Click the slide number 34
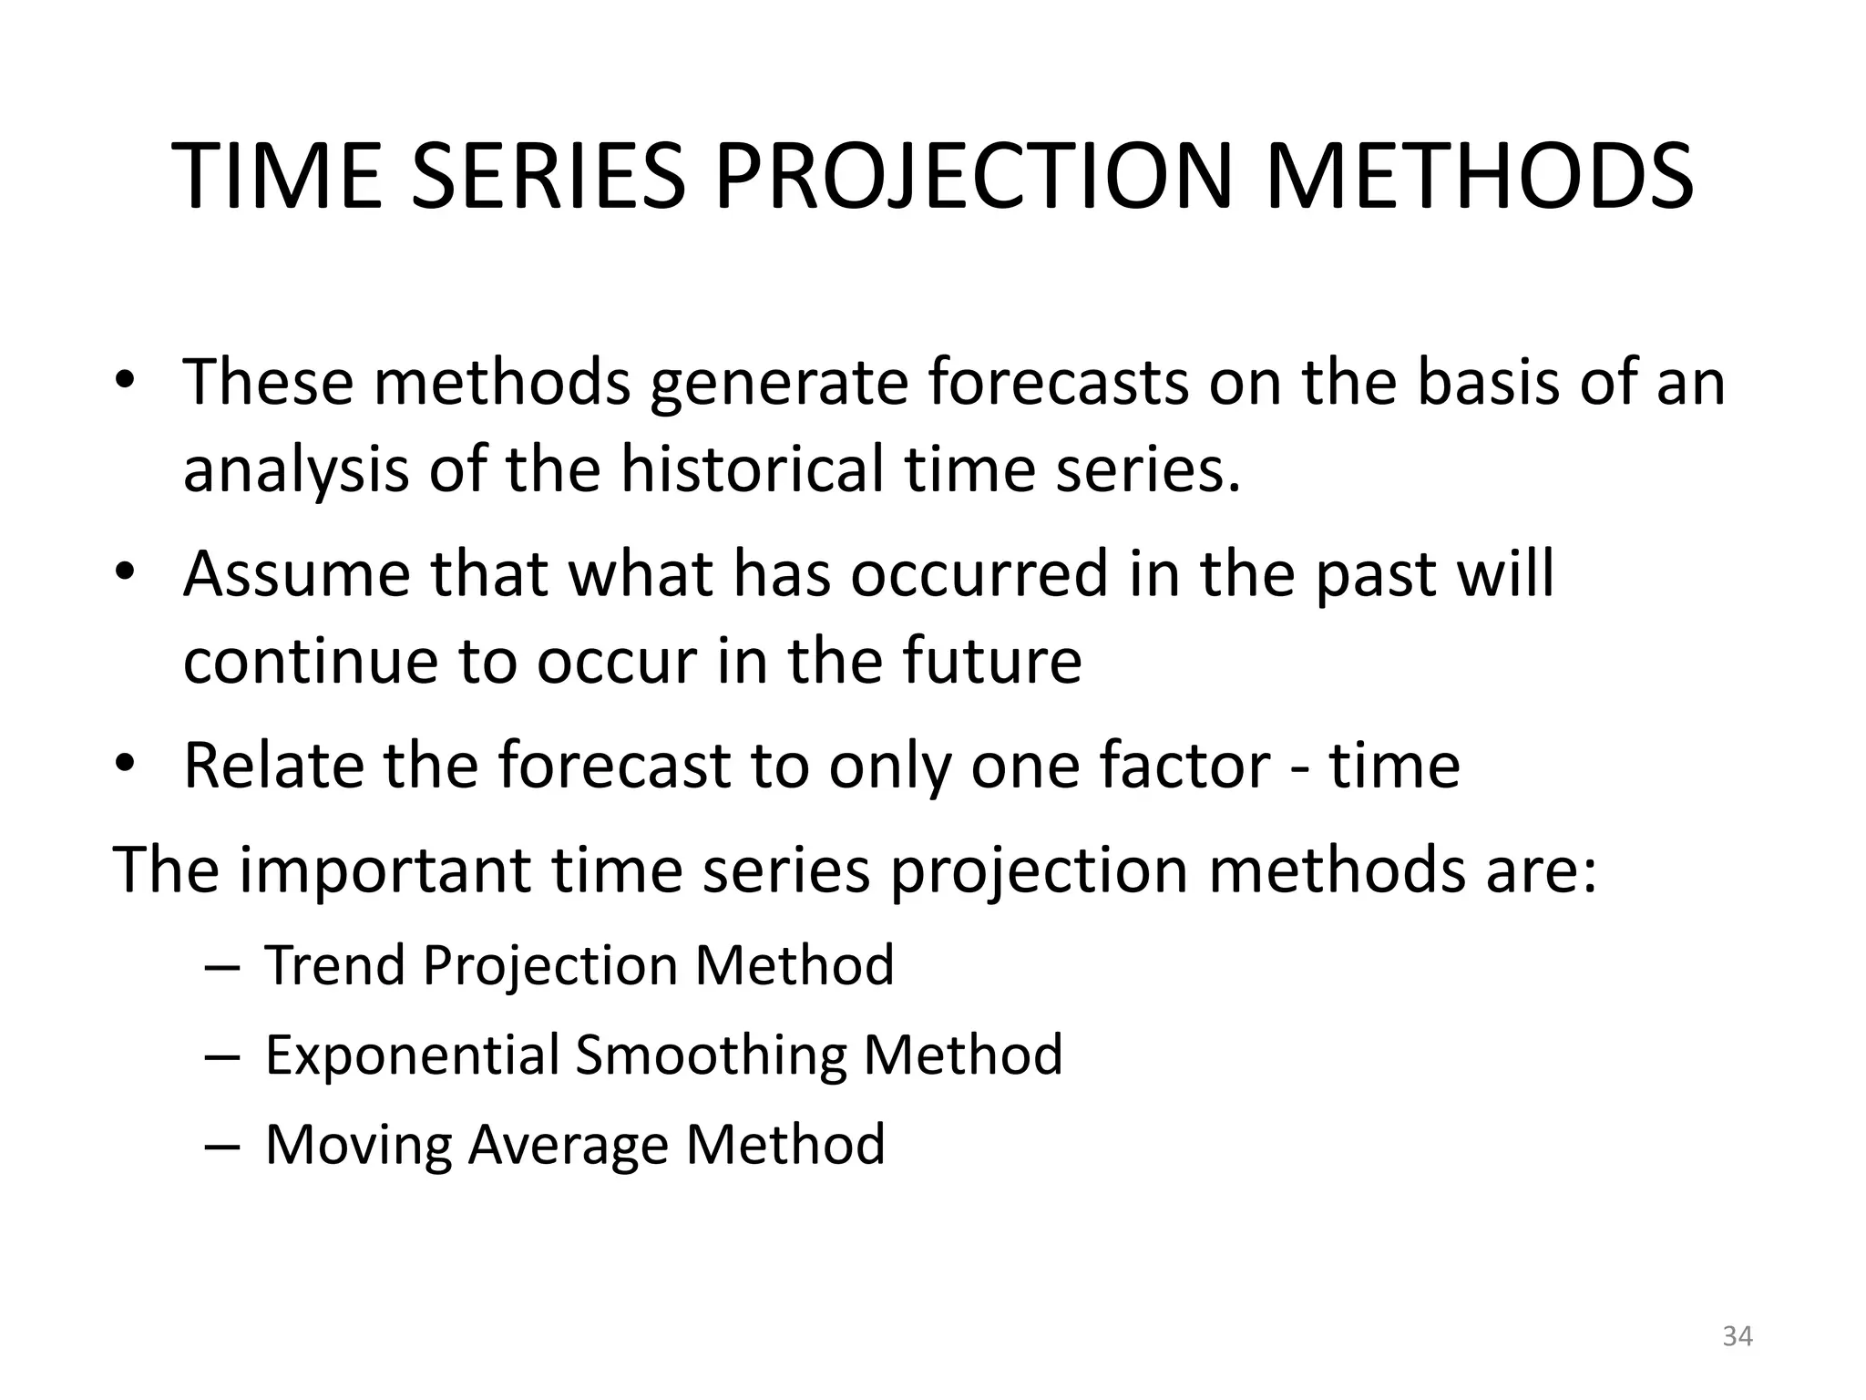[x=1737, y=1336]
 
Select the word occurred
[x=979, y=575]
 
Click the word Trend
[x=334, y=965]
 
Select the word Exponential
[x=412, y=1055]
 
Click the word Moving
[x=357, y=1146]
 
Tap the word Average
[x=568, y=1146]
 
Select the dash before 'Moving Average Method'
[x=221, y=1146]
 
